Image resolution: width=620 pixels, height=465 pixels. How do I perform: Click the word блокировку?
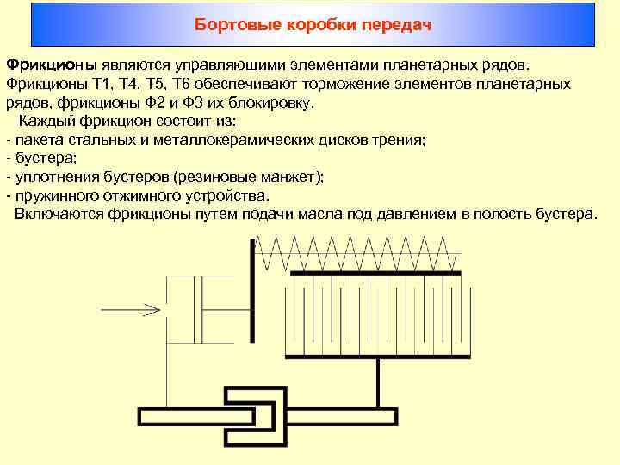[274, 102]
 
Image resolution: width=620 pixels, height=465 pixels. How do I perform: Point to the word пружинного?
[53, 195]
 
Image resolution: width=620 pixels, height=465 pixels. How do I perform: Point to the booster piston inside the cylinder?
[201, 308]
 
